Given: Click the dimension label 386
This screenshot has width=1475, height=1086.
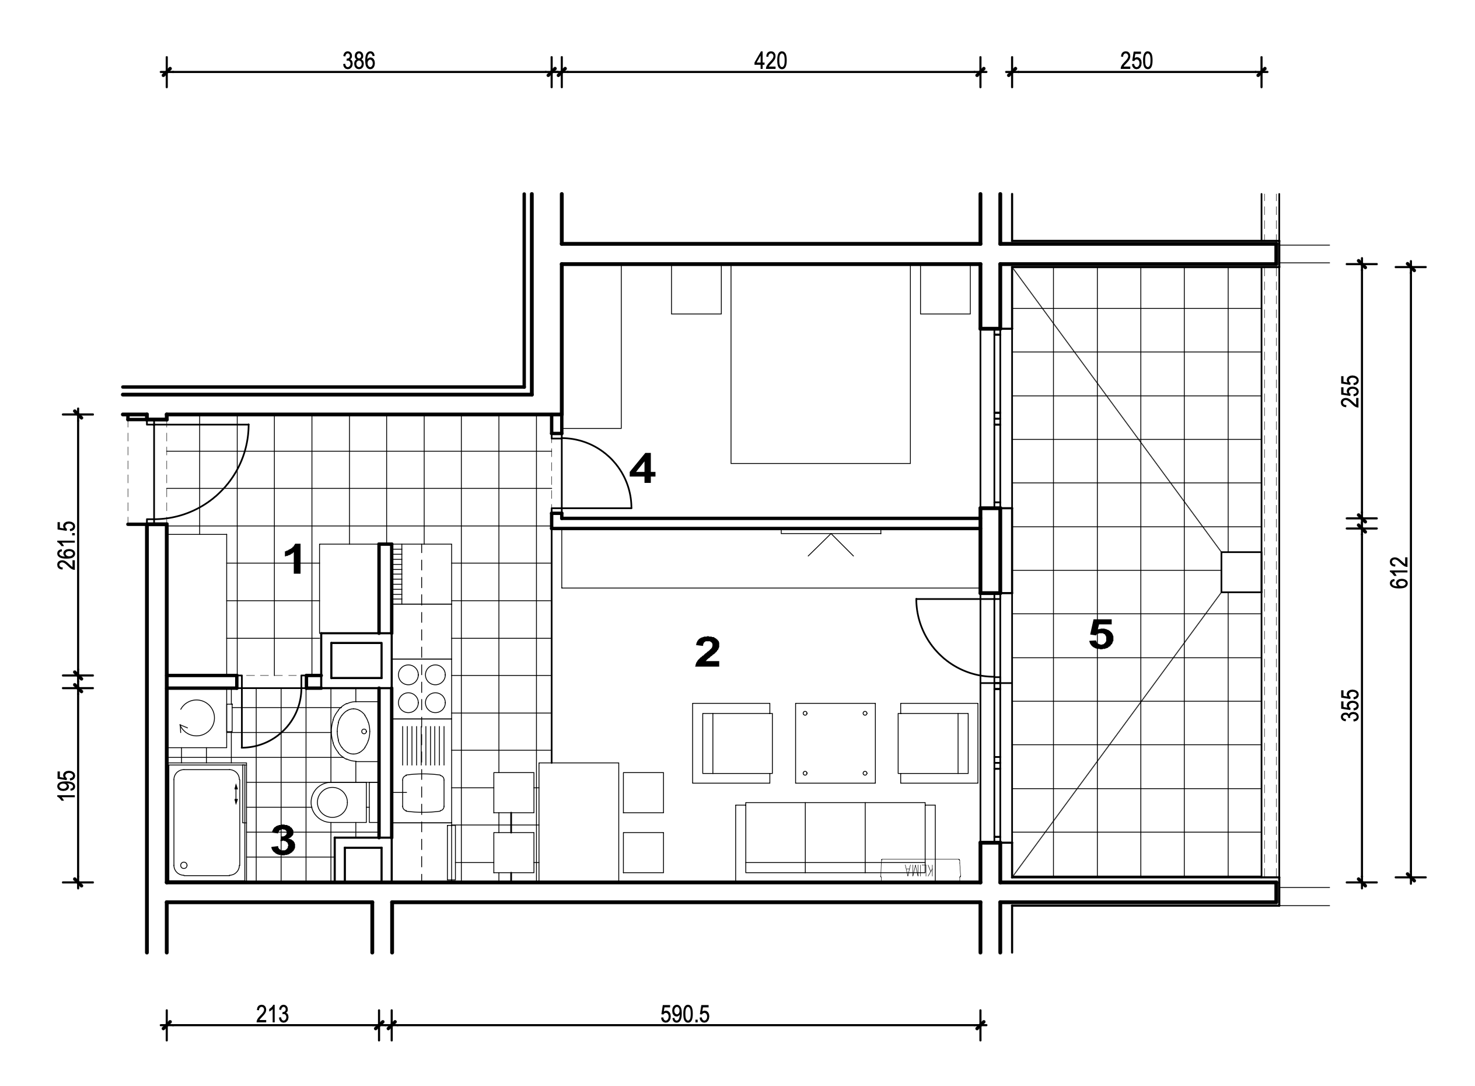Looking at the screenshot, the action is tap(359, 61).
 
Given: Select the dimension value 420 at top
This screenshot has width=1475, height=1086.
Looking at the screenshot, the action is tap(770, 61).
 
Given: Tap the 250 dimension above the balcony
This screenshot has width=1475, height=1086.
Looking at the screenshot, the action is tap(1136, 61).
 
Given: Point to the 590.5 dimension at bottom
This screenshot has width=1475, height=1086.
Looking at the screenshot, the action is tap(684, 1014).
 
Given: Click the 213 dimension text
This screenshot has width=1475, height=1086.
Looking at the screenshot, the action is tap(272, 1014).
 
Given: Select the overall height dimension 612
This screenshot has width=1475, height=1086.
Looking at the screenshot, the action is tap(1400, 572).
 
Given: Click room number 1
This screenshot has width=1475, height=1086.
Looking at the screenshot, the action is tap(293, 559).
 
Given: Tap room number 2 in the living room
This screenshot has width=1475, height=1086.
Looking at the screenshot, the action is tap(707, 652).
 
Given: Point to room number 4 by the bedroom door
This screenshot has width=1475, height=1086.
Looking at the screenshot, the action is tap(642, 469).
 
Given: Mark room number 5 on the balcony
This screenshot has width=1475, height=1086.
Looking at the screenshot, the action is tap(1101, 635).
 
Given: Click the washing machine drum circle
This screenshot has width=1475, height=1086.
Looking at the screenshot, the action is tap(197, 718).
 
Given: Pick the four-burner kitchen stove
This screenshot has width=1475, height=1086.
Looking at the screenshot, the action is tap(422, 688).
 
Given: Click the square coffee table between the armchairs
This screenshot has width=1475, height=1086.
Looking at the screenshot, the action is tap(835, 743).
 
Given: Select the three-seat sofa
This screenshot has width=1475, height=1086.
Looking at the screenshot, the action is tap(835, 841).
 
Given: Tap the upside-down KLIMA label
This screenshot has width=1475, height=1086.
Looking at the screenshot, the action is tap(920, 870).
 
